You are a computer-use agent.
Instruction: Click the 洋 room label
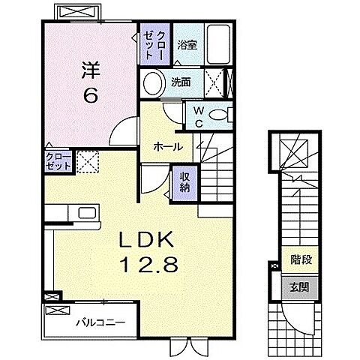pyautogui.click(x=90, y=68)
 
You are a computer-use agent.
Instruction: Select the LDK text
pyautogui.click(x=148, y=241)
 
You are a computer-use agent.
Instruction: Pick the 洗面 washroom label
pyautogui.click(x=181, y=81)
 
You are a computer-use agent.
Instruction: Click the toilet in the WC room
pyautogui.click(x=218, y=115)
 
